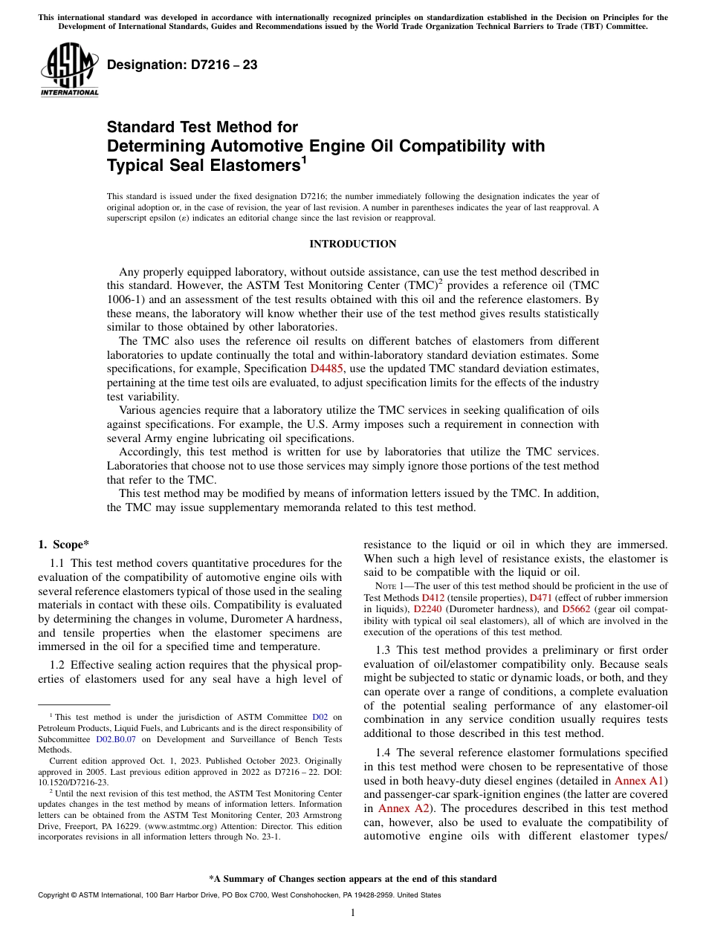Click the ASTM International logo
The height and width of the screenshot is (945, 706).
pos(69,69)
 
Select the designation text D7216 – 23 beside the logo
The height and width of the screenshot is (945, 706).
pos(182,65)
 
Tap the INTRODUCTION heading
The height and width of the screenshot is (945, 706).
pos(352,244)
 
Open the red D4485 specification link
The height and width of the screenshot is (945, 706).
pos(327,368)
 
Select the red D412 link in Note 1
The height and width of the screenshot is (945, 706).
pos(432,597)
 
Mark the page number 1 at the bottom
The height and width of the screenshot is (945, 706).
pos(352,913)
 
